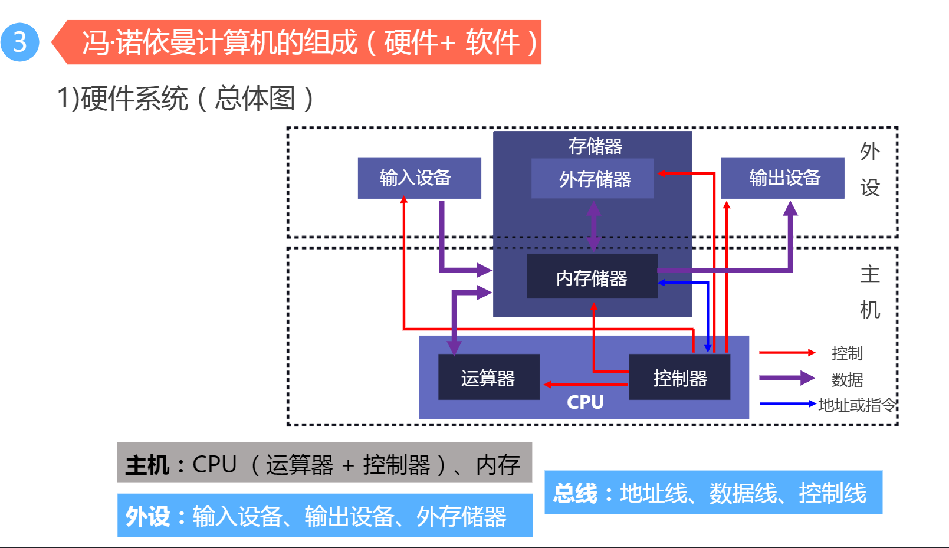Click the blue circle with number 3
coord(19,42)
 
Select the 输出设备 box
coord(783,178)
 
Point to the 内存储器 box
coord(592,277)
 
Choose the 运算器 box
coord(488,378)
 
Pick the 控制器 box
coord(679,378)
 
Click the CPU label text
coord(585,402)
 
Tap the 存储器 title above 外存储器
coord(595,146)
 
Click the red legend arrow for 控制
coord(786,353)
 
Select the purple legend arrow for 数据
coord(786,378)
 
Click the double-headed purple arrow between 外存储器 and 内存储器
coord(594,226)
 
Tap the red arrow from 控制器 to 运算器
coord(584,385)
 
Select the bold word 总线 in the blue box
coord(575,493)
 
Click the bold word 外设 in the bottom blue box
coord(147,517)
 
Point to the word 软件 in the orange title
coord(492,42)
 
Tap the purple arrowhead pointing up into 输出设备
coord(790,208)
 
